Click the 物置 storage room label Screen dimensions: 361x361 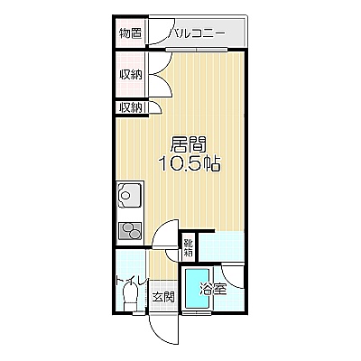(130, 32)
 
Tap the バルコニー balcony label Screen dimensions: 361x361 (197, 33)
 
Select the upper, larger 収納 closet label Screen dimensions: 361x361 (131, 74)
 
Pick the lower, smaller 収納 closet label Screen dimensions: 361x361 (130, 107)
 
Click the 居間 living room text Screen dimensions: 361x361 (189, 144)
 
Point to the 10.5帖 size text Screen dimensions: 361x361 (190, 163)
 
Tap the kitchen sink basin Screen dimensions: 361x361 (130, 195)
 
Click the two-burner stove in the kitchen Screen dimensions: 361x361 (130, 231)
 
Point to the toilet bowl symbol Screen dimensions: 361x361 (130, 298)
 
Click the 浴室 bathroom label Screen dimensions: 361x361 (213, 290)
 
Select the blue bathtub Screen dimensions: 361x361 (197, 289)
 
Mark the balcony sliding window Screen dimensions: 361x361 (197, 50)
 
